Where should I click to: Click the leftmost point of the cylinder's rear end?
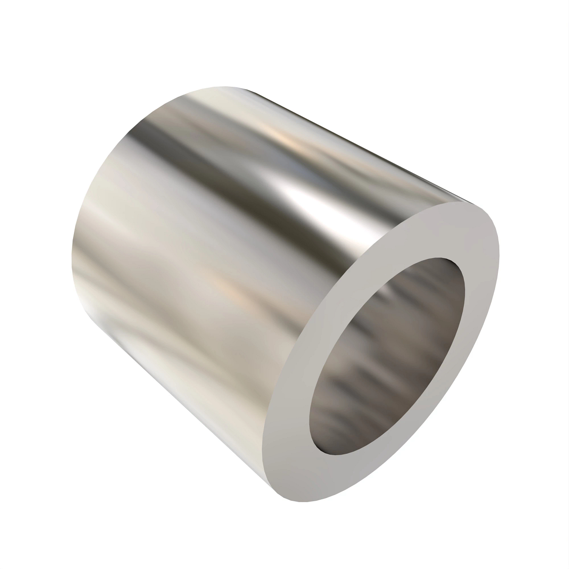[x=72, y=247]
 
